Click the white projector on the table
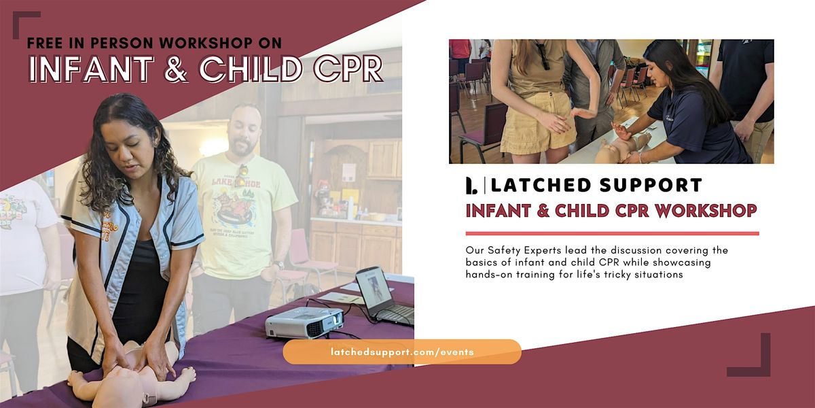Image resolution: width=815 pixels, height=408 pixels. [x=304, y=323]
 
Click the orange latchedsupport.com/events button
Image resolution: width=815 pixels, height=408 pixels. [x=402, y=352]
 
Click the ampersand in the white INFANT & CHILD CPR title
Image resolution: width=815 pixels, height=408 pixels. [x=176, y=69]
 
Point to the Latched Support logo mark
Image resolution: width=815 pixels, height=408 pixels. [x=471, y=185]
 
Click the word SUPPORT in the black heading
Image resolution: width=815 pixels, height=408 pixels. [x=651, y=185]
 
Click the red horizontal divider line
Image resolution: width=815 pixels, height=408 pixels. [x=612, y=233]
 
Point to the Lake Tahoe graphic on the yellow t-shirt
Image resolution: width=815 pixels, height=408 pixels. [x=236, y=201]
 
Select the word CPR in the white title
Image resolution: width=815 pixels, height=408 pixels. [x=348, y=69]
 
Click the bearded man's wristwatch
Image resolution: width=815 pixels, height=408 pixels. [x=279, y=265]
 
